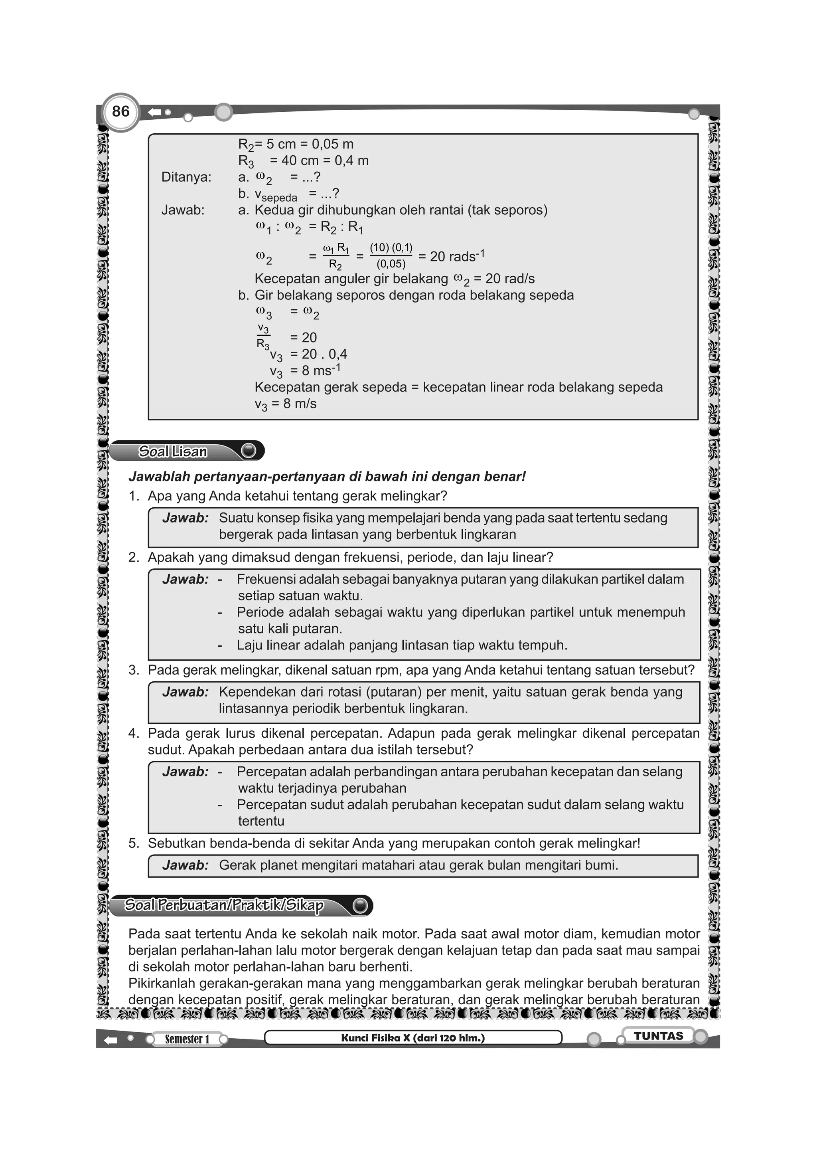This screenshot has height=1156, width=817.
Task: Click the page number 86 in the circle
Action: click(x=121, y=111)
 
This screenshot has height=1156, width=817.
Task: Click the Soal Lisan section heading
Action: click(x=173, y=451)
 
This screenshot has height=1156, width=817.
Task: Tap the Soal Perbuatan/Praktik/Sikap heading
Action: click(x=224, y=905)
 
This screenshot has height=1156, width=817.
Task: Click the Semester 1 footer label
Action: click(x=187, y=1039)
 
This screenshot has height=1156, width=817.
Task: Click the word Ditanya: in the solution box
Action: click(x=186, y=177)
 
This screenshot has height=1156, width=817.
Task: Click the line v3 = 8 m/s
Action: click(x=285, y=404)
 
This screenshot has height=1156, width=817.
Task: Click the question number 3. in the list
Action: click(x=134, y=670)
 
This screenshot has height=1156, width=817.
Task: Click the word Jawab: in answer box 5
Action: click(x=185, y=865)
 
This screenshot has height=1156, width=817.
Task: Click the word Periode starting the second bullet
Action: click(x=260, y=612)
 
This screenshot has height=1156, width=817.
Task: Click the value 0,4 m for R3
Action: click(x=351, y=160)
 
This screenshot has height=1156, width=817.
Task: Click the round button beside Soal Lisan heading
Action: click(x=249, y=451)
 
